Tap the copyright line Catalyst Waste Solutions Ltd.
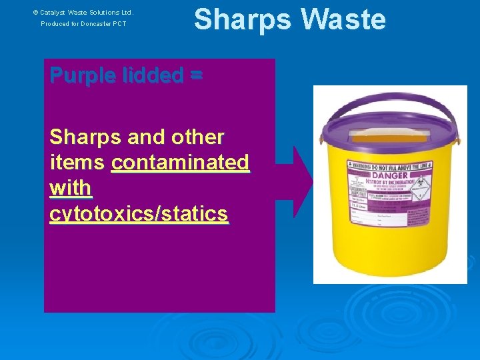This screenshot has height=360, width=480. point(83,12)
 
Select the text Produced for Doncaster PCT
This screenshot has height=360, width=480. point(83,24)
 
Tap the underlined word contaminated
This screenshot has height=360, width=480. point(180,162)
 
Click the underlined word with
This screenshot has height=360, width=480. point(70,188)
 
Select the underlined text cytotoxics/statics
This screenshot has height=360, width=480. point(139,214)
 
